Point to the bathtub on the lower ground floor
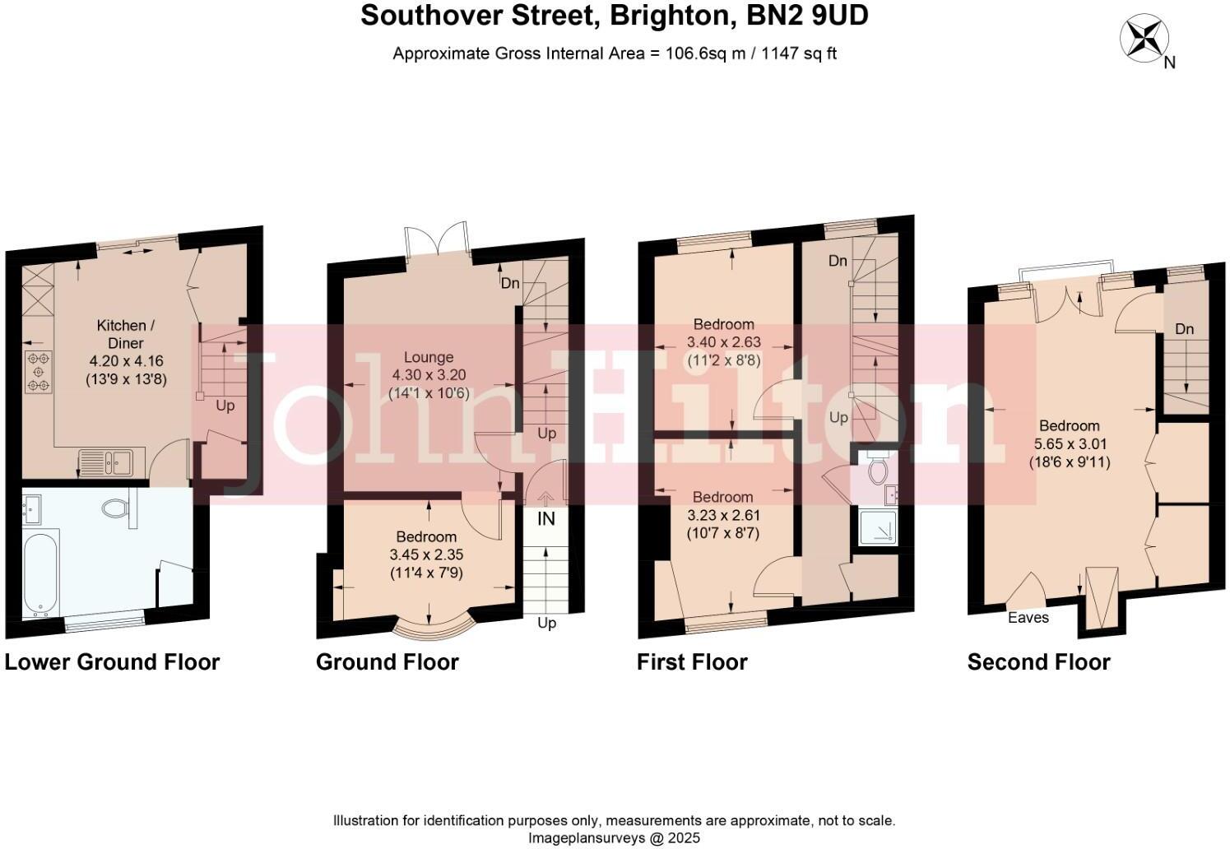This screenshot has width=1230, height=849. (x=40, y=573)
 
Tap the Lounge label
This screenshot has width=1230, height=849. (x=429, y=357)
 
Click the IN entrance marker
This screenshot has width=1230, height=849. (x=546, y=519)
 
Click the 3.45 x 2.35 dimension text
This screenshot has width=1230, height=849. (x=427, y=555)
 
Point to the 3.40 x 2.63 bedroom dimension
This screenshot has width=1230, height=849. (x=723, y=341)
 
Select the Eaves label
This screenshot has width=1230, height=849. (x=1028, y=618)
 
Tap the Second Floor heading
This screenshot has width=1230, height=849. (x=1038, y=662)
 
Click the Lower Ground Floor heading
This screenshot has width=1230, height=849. (x=113, y=662)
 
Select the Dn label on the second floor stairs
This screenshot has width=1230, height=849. (x=1184, y=330)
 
